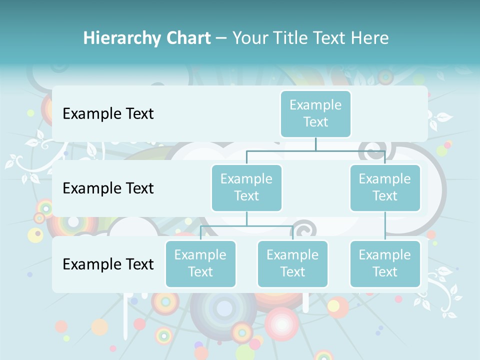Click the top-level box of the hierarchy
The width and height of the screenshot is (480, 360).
click(315, 113)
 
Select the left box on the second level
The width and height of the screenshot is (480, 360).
click(246, 187)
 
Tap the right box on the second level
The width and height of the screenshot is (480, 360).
click(385, 187)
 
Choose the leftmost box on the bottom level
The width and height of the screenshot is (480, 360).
click(200, 263)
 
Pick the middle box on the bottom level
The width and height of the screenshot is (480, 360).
click(292, 263)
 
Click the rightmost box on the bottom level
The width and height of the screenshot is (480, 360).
click(385, 263)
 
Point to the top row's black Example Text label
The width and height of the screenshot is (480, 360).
click(108, 114)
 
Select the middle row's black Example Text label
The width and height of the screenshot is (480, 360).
click(108, 188)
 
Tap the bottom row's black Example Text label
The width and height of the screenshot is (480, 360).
click(108, 264)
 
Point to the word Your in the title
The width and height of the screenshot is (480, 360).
click(249, 38)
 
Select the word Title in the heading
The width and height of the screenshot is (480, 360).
click(290, 38)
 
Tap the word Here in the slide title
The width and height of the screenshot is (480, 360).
click(370, 38)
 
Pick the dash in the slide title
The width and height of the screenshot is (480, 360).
click(221, 38)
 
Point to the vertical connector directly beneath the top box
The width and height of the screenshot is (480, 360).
click(315, 144)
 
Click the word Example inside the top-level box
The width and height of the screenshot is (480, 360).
click(315, 105)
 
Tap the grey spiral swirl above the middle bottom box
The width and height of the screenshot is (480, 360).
click(302, 229)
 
